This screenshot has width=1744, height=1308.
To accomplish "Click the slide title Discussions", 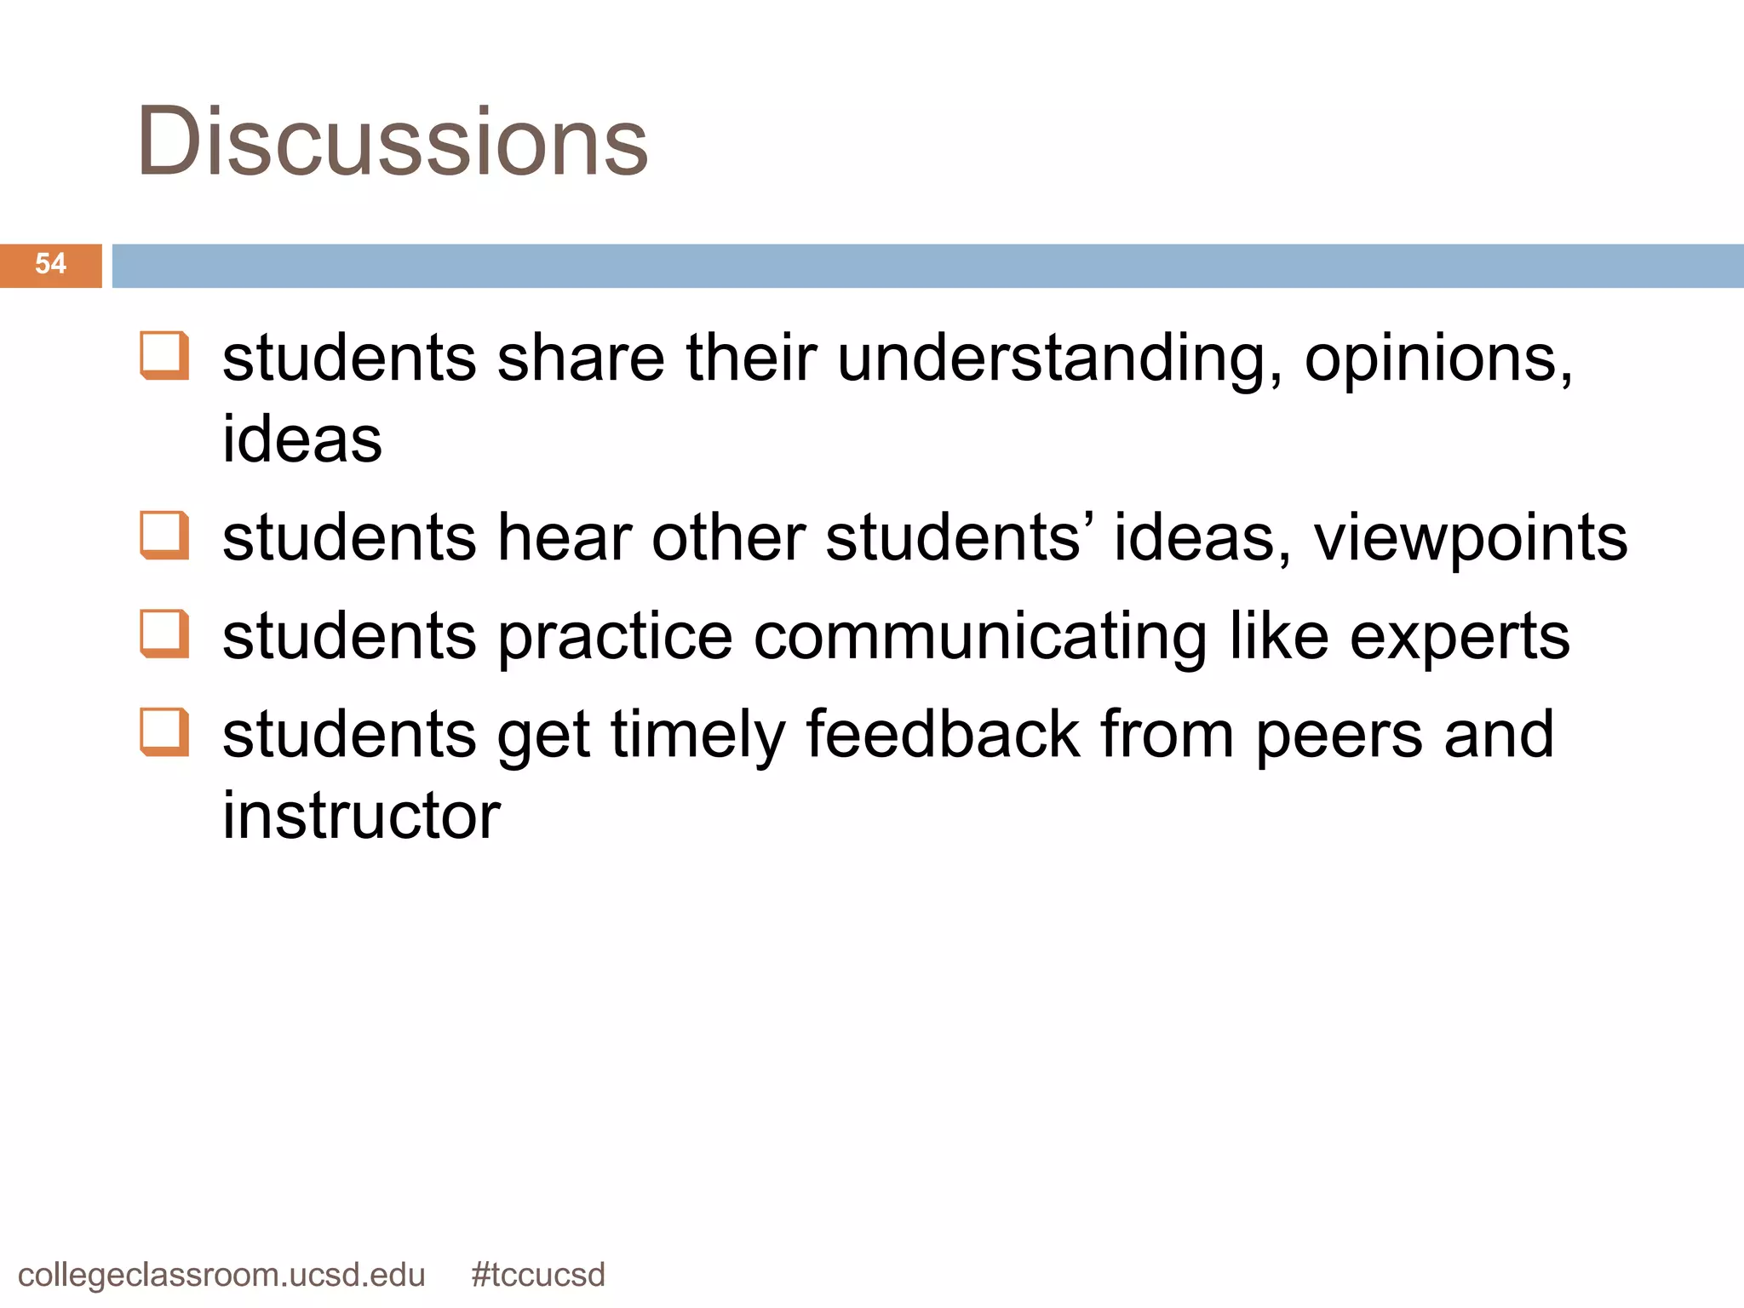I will point(392,141).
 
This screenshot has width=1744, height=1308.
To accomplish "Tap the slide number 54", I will point(50,264).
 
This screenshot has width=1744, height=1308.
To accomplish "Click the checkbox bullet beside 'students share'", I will point(163,355).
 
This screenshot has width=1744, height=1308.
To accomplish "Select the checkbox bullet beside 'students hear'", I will point(163,536).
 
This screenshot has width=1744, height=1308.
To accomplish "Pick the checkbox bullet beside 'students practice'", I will point(163,634).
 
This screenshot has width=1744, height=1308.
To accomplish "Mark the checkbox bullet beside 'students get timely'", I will point(163,732).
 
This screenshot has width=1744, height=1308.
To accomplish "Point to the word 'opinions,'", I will point(1438,359).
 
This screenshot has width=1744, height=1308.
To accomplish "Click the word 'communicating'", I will point(980,638).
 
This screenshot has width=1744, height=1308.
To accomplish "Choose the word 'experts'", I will point(1460,638).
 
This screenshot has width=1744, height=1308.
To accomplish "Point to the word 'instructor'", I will point(361,816).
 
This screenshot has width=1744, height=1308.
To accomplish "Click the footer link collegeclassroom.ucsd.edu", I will point(221,1276).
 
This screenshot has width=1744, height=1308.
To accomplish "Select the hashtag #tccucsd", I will point(537,1276).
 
